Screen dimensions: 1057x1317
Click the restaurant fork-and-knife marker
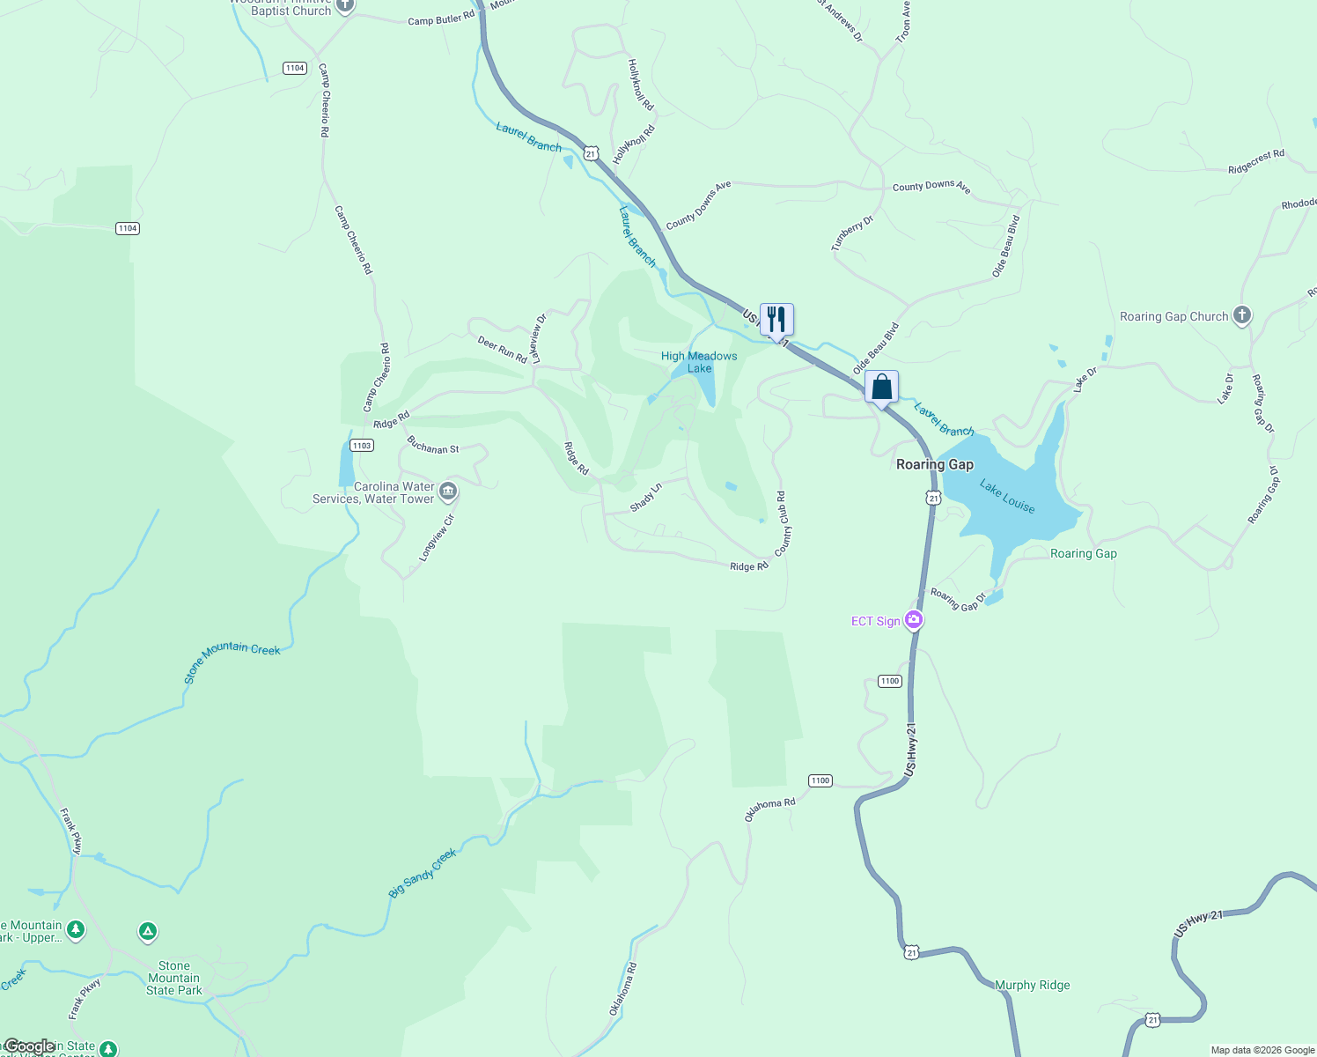coord(776,319)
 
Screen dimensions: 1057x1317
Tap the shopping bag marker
coord(881,387)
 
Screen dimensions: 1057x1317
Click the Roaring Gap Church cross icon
coord(1241,315)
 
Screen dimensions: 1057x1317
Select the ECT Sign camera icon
coord(914,621)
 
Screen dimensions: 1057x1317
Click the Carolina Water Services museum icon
coord(448,491)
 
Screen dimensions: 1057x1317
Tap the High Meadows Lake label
coord(699,362)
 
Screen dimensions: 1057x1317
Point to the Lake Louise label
coord(1007,497)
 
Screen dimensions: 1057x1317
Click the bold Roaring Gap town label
coord(934,464)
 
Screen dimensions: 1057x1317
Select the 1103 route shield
coord(362,445)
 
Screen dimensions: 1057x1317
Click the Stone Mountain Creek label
coord(232,661)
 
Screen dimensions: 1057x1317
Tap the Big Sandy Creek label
coord(423,873)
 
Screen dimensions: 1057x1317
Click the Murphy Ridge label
coord(1032,985)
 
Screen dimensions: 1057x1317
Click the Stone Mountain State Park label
coord(174,978)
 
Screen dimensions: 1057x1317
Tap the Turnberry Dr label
coord(851,233)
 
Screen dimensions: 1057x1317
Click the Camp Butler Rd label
coord(441,18)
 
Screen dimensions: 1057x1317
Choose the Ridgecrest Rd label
coord(1256,161)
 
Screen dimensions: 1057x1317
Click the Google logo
coord(29,1046)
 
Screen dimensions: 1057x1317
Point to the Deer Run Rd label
coord(502,349)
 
